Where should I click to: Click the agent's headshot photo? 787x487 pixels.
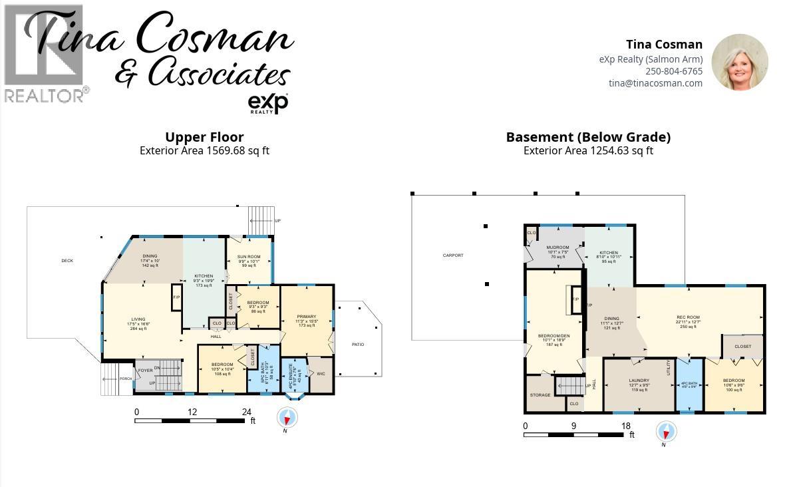(x=740, y=62)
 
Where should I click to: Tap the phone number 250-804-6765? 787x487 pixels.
(x=673, y=71)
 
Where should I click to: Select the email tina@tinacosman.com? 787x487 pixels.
(x=655, y=83)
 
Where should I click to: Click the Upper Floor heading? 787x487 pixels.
(x=204, y=138)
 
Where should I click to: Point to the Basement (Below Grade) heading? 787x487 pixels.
(x=588, y=138)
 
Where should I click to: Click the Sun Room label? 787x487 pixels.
(x=249, y=256)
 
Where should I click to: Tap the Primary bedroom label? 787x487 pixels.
(x=307, y=317)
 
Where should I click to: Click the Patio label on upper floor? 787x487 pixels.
(x=358, y=345)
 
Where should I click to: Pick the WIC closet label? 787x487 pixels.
(x=321, y=374)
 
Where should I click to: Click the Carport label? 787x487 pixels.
(x=453, y=255)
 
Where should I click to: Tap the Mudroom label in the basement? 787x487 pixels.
(x=557, y=247)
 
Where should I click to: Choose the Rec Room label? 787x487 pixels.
(x=687, y=317)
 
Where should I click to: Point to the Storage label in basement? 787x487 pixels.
(x=540, y=395)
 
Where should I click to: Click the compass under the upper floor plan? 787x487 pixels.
(x=287, y=418)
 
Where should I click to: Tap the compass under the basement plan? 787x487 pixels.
(x=665, y=432)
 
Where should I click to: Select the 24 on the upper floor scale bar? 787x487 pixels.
(x=247, y=412)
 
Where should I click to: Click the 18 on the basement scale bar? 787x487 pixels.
(x=625, y=426)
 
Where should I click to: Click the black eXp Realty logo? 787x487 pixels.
(x=267, y=103)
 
